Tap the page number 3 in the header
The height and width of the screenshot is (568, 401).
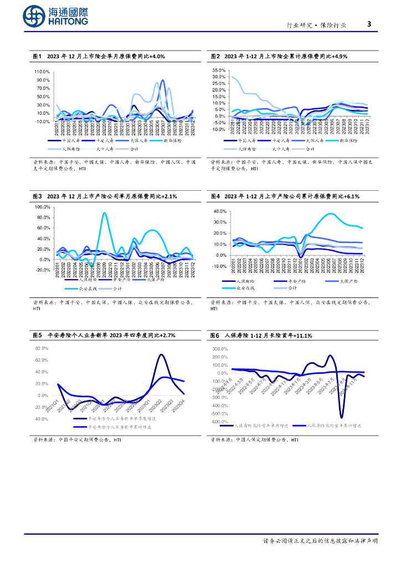point(369,24)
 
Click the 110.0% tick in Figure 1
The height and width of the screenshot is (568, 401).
point(43,72)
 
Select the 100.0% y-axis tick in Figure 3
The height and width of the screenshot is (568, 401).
point(43,207)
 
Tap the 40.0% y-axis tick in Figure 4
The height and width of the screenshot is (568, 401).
point(220,211)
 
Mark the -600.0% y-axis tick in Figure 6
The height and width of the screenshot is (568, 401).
point(219,422)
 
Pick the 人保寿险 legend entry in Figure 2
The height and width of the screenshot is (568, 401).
point(244,149)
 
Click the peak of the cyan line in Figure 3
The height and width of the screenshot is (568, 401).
point(104,213)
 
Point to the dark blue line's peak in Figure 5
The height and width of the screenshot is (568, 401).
point(161,354)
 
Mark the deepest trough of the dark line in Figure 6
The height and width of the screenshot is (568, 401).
point(341,417)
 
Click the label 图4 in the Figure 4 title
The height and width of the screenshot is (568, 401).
point(215,196)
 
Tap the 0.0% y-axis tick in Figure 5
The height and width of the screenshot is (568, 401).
point(43,395)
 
